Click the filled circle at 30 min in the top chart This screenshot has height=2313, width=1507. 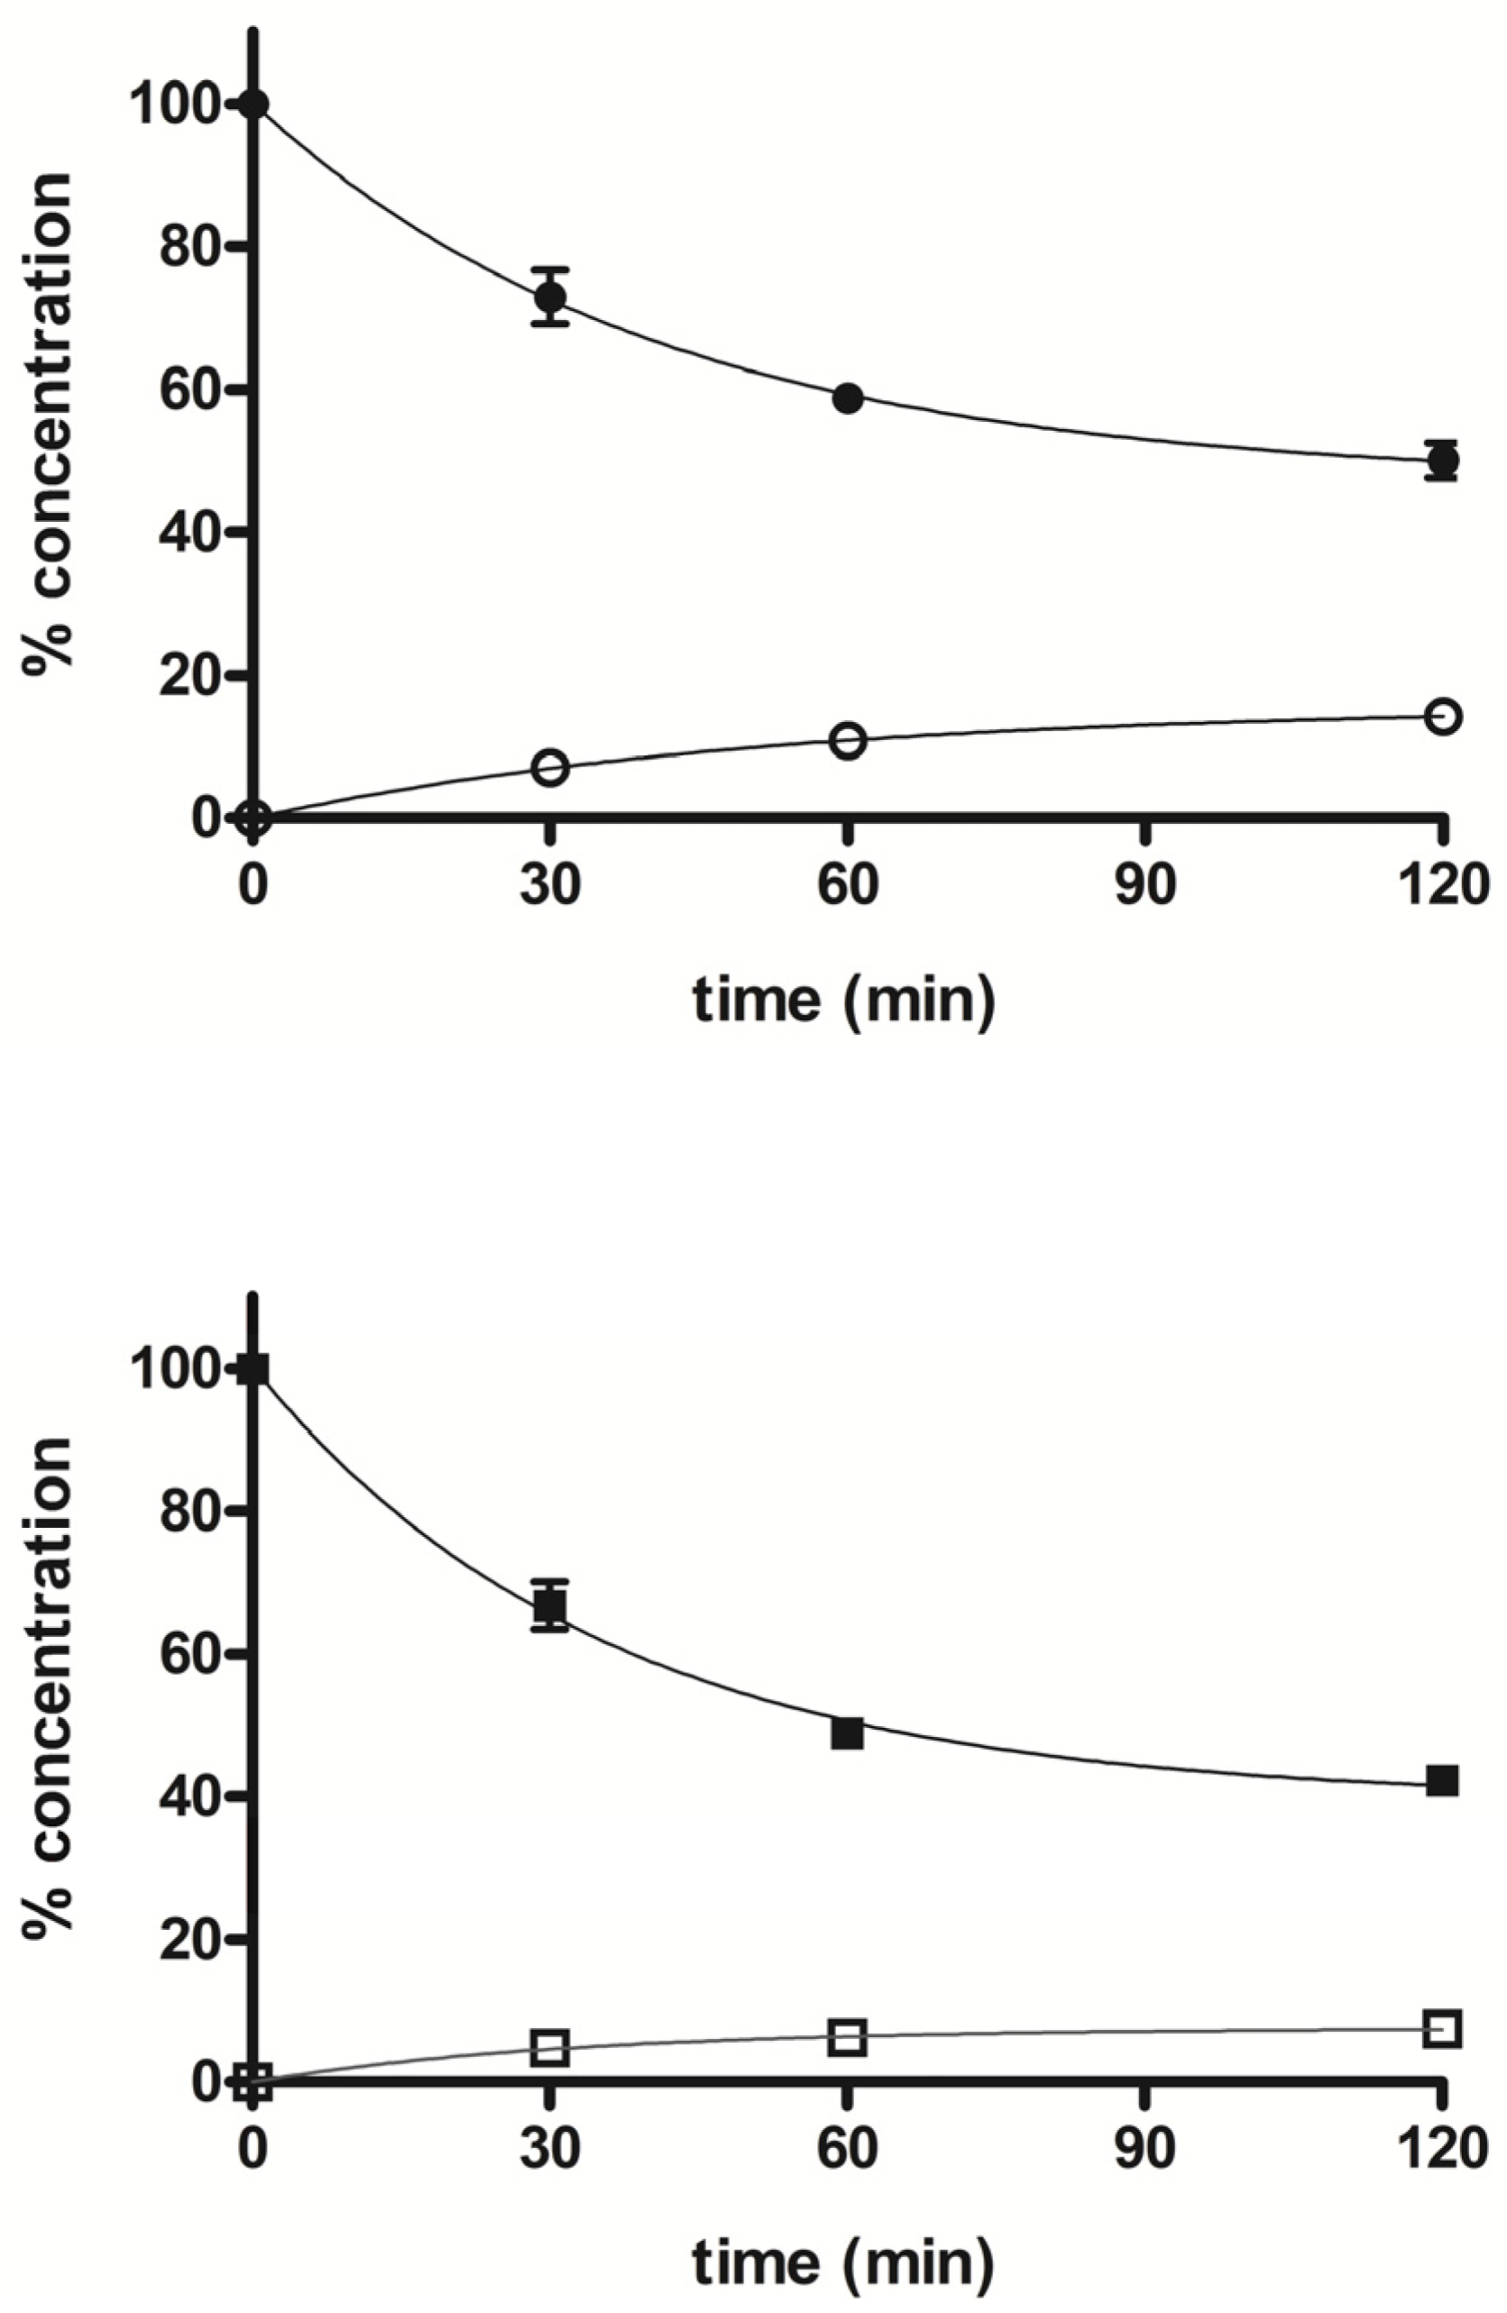(x=550, y=297)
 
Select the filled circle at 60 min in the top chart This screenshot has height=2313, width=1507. (x=848, y=398)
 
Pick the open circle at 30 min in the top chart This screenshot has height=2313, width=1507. (x=550, y=768)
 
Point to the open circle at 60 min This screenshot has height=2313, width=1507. (x=848, y=742)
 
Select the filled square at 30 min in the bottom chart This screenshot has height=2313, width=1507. (x=550, y=1607)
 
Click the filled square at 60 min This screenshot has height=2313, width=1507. (x=848, y=1733)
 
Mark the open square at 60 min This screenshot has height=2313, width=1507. (x=848, y=2037)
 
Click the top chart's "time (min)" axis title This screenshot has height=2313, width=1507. (x=844, y=999)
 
